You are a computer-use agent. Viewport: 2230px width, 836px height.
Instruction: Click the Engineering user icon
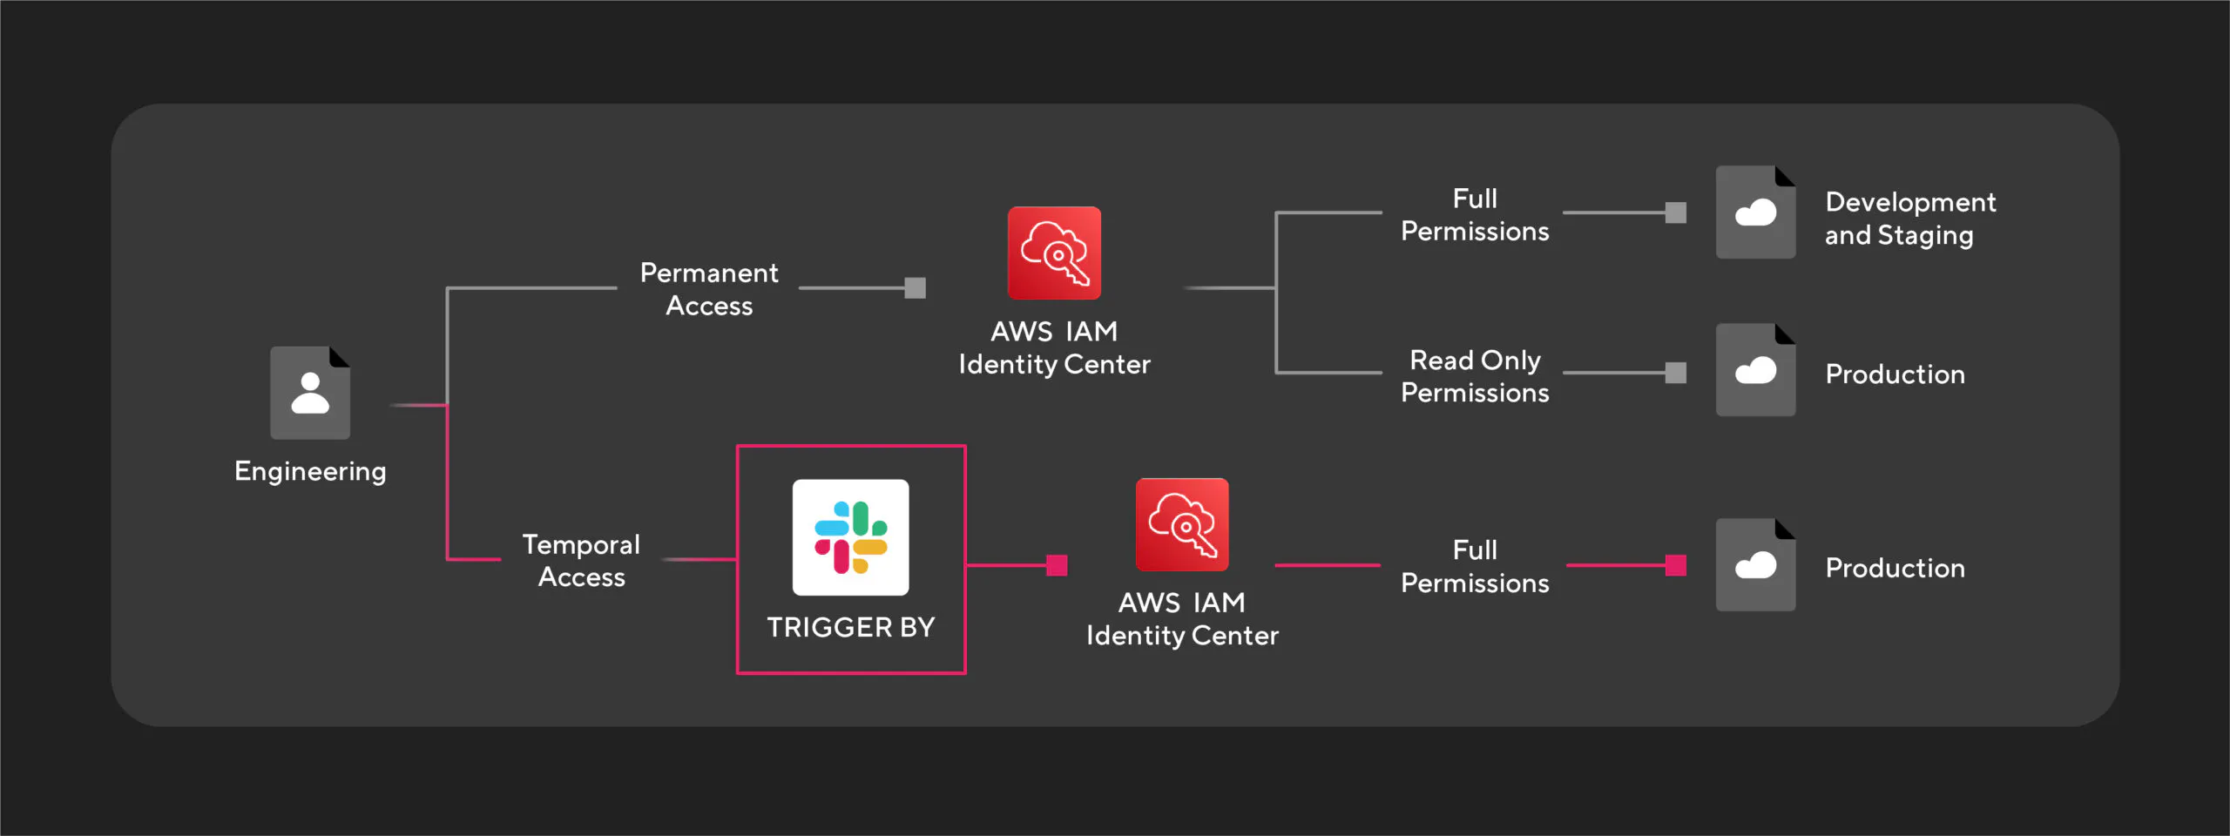309,393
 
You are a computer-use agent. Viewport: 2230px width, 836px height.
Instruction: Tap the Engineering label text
310,471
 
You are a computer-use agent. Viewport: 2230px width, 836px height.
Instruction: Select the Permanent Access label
709,289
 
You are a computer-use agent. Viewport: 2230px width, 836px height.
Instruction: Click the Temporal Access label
581,561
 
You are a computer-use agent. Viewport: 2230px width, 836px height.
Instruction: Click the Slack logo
850,537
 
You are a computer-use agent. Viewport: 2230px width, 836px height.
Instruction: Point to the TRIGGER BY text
850,627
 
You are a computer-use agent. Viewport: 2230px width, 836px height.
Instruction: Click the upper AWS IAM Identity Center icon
1054,253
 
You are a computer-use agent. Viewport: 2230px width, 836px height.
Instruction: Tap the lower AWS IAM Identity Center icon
1182,524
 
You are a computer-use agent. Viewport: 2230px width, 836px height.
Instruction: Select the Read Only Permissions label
1475,376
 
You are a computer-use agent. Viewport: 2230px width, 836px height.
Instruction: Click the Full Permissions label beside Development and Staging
1475,214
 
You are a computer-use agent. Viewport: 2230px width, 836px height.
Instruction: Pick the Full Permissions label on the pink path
1475,566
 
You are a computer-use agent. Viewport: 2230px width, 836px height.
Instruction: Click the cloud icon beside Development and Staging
1755,212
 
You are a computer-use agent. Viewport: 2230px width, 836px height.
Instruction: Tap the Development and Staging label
1909,219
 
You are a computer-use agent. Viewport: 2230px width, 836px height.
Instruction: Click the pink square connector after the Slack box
1057,565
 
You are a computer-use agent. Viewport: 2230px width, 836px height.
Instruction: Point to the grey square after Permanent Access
915,288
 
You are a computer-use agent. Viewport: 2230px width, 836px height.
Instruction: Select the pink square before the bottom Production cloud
1675,565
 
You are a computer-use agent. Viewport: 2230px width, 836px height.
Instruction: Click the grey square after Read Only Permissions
1675,373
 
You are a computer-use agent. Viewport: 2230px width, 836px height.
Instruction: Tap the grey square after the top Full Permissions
1675,212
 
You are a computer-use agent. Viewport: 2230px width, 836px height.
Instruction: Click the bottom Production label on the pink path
1895,568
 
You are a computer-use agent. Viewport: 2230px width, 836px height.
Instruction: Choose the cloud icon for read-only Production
1755,371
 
